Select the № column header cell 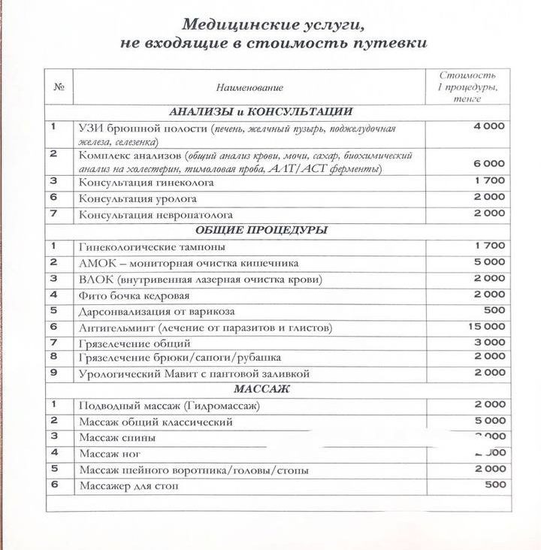click(59, 87)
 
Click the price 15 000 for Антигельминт click(489, 327)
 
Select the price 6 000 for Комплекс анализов click(489, 163)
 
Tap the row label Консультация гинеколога click(147, 182)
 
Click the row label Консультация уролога click(138, 198)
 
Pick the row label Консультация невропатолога click(156, 215)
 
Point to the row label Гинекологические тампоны click(152, 246)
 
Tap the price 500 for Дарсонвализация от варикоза click(495, 310)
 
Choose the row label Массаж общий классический click(156, 422)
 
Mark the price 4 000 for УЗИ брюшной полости click(489, 126)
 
